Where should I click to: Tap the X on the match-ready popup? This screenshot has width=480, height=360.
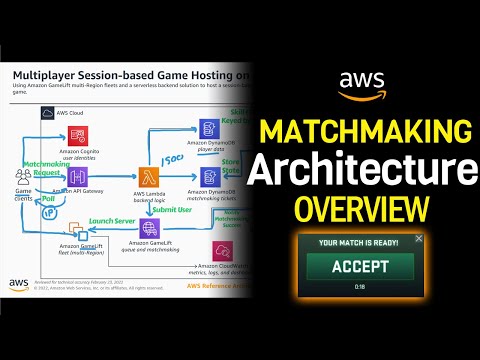pos(419,238)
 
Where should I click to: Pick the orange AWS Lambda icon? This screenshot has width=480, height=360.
pos(150,175)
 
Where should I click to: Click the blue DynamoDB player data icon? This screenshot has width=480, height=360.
pos(208,128)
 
